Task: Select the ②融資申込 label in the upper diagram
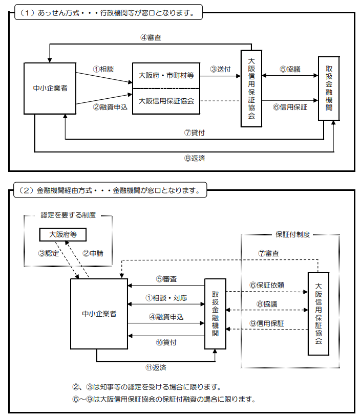tap(107, 107)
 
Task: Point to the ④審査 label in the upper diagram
tap(151, 37)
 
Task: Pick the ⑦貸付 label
tap(195, 132)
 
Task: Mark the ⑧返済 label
tap(195, 158)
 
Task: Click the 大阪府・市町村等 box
tap(166, 75)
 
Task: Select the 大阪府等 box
tap(63, 234)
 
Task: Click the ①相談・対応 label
tap(166, 297)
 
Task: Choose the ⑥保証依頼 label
tap(266, 285)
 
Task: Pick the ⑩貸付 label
tap(166, 342)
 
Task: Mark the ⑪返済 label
tap(156, 367)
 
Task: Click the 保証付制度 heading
tap(293, 234)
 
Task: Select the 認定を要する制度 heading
tap(68, 215)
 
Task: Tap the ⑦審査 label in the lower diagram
tap(268, 253)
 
